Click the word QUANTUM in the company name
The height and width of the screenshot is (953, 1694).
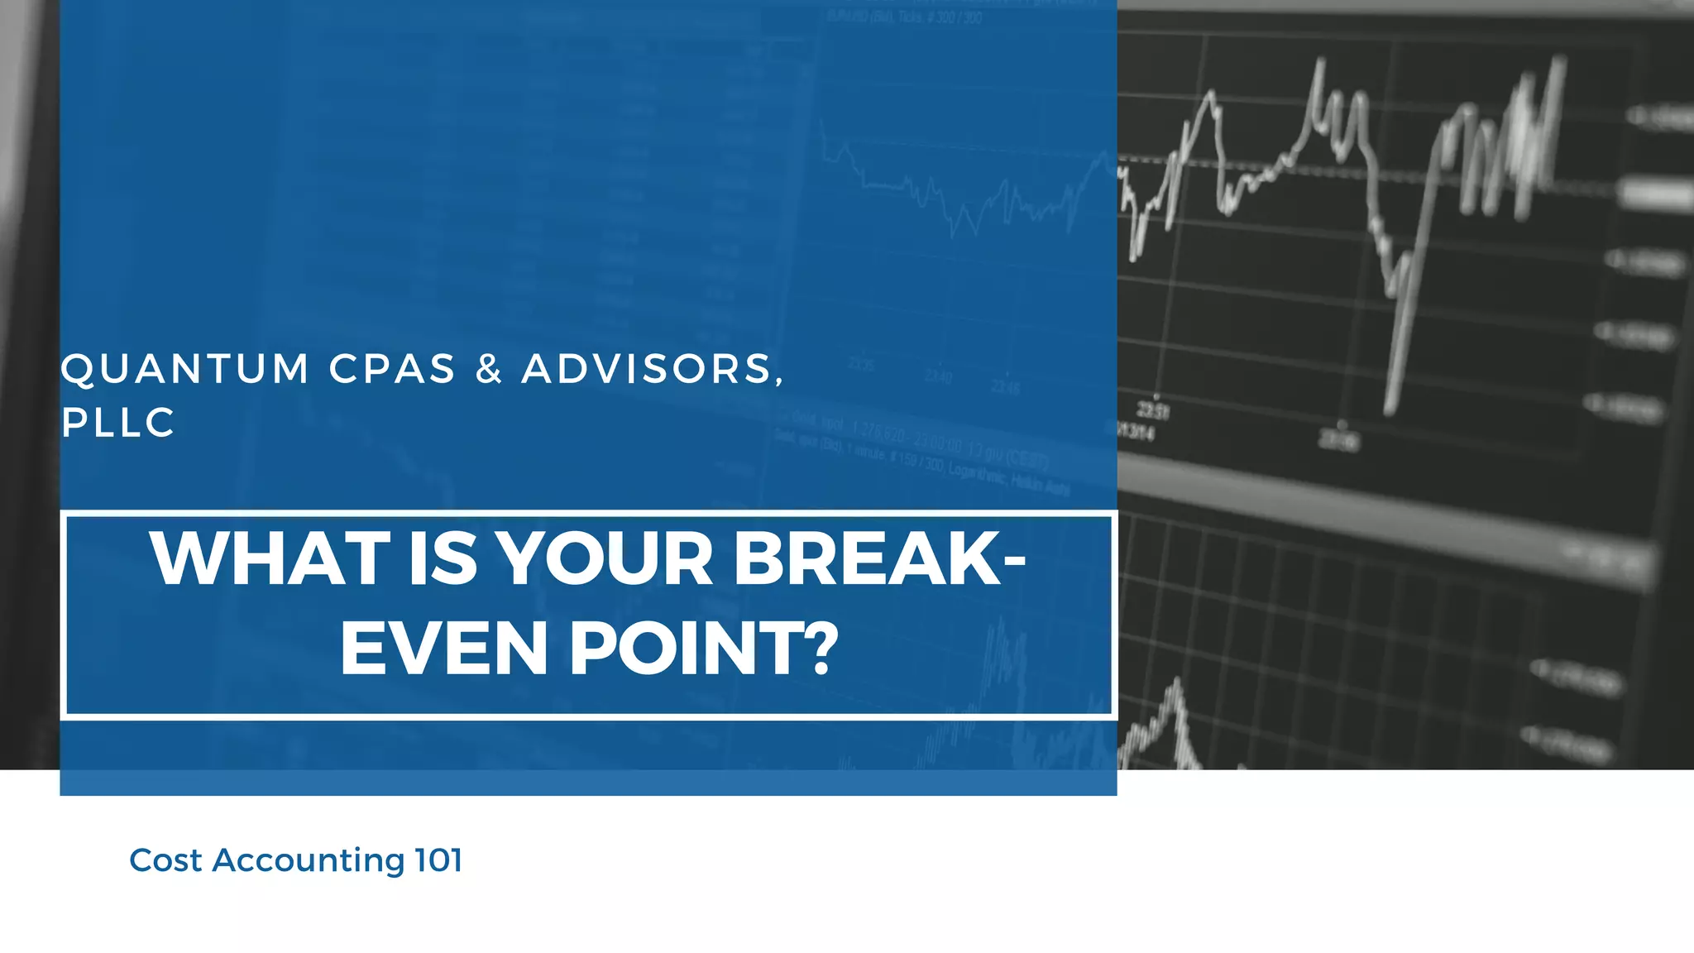point(184,369)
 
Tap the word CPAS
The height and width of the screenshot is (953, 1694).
point(393,369)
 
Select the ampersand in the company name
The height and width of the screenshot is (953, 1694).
point(489,369)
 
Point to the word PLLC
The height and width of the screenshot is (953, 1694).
point(118,423)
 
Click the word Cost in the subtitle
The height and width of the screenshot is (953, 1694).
point(165,860)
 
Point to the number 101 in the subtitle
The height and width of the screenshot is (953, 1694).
point(438,860)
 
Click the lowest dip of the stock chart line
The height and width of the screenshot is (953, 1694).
point(1390,409)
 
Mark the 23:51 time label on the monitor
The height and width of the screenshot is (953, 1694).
point(1152,409)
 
